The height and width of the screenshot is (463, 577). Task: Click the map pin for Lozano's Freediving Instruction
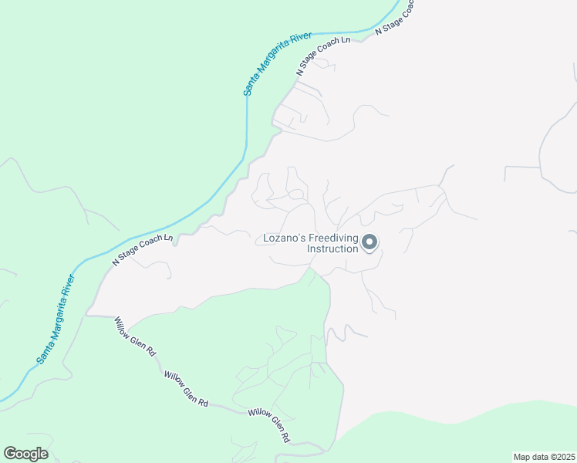coord(369,243)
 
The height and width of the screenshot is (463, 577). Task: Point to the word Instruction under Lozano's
coord(332,249)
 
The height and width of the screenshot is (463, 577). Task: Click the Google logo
coord(25,454)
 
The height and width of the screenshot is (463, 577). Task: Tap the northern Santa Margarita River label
coord(277,64)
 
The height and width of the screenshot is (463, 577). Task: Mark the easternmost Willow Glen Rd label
coord(269,424)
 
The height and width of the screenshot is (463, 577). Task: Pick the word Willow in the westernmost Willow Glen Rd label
coord(123,324)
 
